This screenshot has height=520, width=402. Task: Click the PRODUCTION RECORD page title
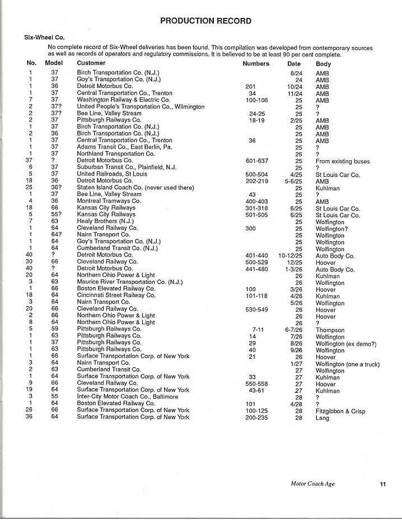[205, 21]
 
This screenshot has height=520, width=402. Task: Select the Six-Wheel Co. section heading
[44, 37]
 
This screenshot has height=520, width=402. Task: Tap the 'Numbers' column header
[256, 64]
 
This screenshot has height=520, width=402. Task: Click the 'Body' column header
[323, 64]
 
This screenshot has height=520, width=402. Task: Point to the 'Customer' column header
[91, 64]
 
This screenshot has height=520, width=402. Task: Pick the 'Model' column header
[54, 64]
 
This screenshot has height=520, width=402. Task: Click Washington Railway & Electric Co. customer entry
[123, 100]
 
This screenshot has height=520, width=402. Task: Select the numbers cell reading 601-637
[258, 161]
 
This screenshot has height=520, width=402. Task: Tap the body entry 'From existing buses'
[343, 161]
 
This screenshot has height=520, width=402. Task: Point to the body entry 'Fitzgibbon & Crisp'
[340, 411]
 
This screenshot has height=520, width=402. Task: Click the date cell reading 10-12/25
[290, 255]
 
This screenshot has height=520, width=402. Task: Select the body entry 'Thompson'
[330, 330]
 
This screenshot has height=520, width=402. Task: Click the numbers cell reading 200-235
[258, 418]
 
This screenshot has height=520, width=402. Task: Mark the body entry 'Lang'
[322, 418]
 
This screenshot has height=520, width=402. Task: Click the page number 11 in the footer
[382, 484]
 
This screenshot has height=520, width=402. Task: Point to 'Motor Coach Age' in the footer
[312, 484]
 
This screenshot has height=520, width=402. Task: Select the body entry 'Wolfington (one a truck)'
[348, 364]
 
